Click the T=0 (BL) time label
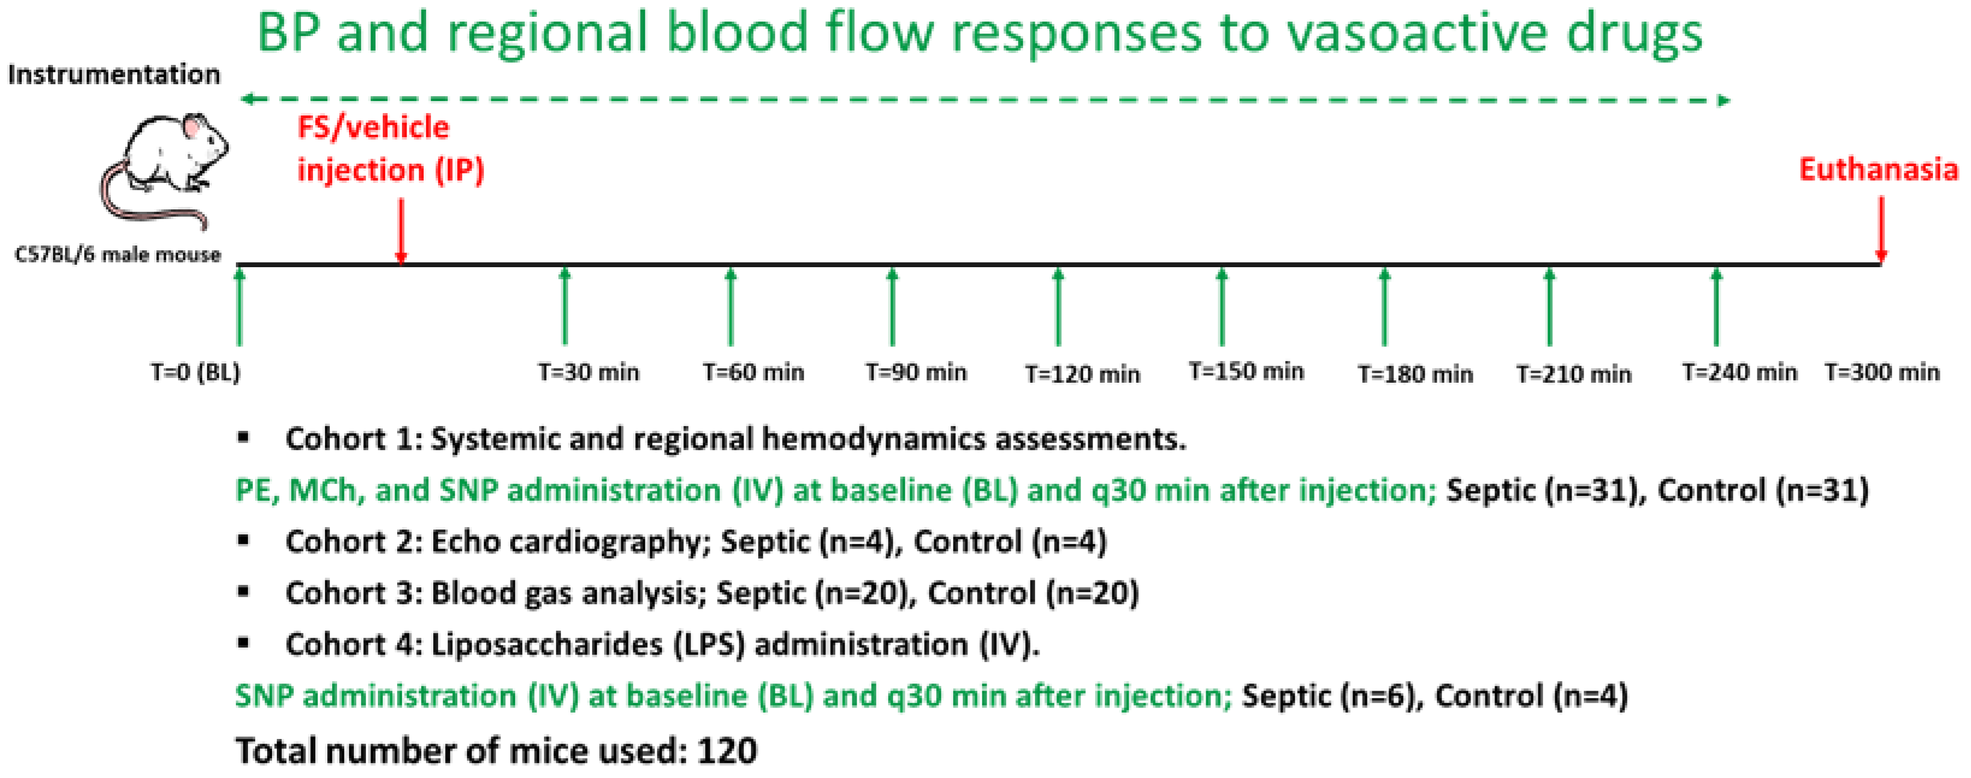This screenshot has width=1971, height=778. click(195, 372)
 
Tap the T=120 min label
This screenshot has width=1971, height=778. click(1082, 374)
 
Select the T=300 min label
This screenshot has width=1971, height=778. click(1881, 372)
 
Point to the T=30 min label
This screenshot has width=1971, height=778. click(588, 372)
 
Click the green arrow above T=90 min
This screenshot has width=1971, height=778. click(892, 306)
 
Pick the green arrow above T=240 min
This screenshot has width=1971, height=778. click(1717, 306)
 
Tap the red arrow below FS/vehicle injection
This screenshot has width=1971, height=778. click(401, 229)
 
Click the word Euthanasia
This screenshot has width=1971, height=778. click(1878, 169)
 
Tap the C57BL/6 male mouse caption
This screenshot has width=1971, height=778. click(118, 255)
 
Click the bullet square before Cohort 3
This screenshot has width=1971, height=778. click(243, 591)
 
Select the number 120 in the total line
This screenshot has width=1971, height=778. click(727, 750)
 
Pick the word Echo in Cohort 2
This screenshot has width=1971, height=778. click(466, 542)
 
